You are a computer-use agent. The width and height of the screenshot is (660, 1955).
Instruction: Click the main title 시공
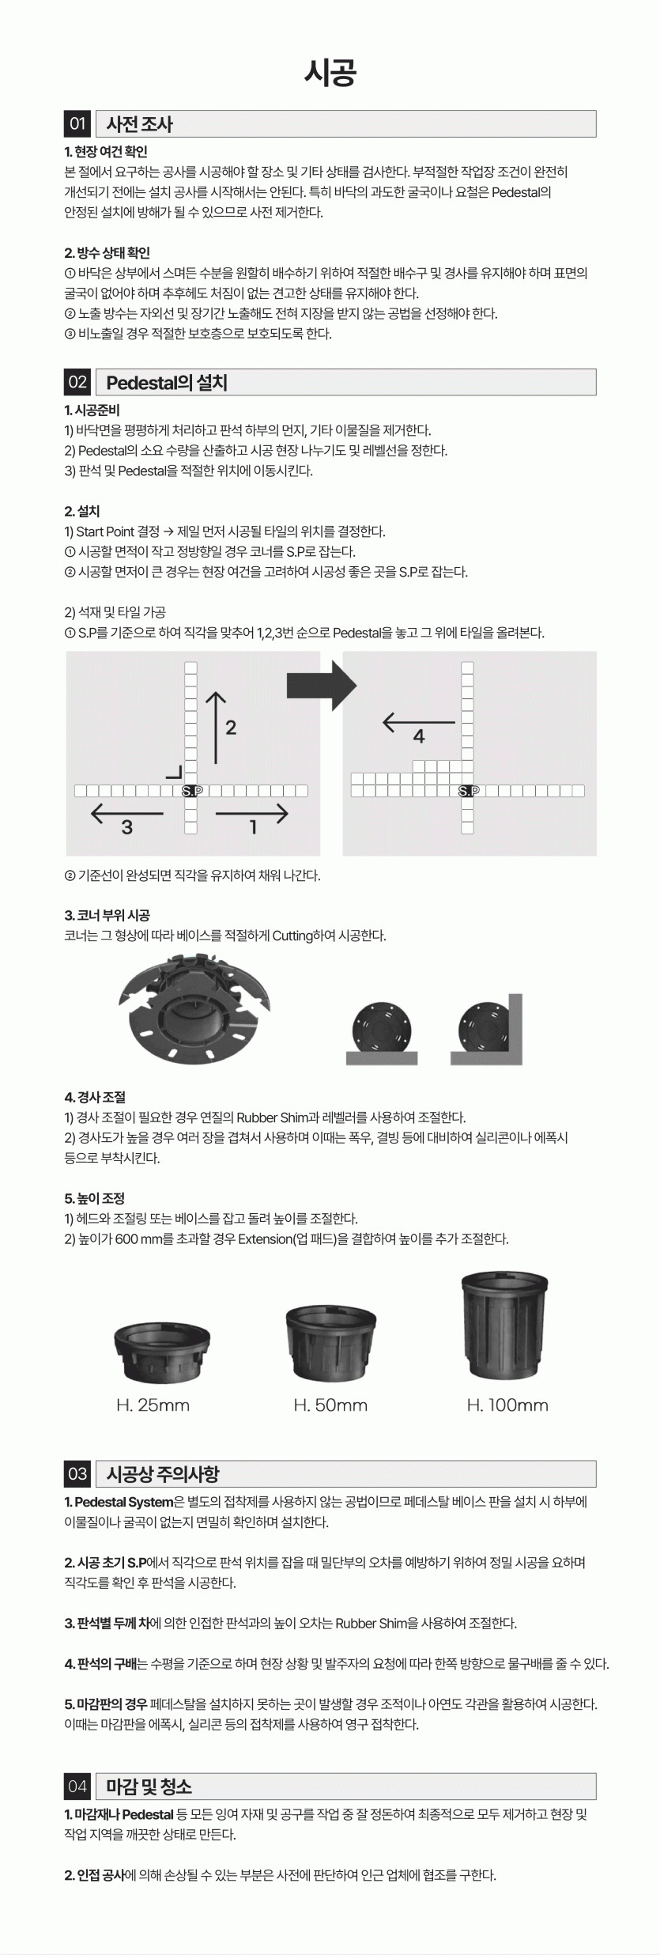tap(330, 73)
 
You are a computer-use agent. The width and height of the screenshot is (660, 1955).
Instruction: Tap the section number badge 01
tap(77, 123)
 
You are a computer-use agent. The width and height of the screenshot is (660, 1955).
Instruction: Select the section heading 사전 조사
tap(139, 123)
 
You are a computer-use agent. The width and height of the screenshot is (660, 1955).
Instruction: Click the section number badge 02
tap(77, 382)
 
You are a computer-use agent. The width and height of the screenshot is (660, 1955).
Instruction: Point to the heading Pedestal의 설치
tap(167, 383)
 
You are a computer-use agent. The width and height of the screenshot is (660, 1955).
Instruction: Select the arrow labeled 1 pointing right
tap(251, 813)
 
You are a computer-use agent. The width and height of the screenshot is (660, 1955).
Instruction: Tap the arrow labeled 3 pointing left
tap(127, 813)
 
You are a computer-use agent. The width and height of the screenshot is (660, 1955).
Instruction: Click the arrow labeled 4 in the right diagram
tap(419, 722)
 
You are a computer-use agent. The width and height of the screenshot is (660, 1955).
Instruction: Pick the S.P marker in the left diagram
tap(191, 791)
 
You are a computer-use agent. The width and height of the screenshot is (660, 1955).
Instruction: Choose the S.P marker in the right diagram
tap(468, 791)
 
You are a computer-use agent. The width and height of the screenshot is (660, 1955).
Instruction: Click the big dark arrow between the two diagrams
tap(322, 684)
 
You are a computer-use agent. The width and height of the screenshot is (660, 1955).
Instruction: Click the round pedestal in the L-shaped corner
tap(485, 1027)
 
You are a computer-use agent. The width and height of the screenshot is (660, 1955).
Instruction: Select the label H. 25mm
tap(153, 1405)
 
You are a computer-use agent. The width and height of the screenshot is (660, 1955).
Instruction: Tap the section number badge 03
tap(77, 1474)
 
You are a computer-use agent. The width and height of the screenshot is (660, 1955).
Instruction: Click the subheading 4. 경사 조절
tap(95, 1098)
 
